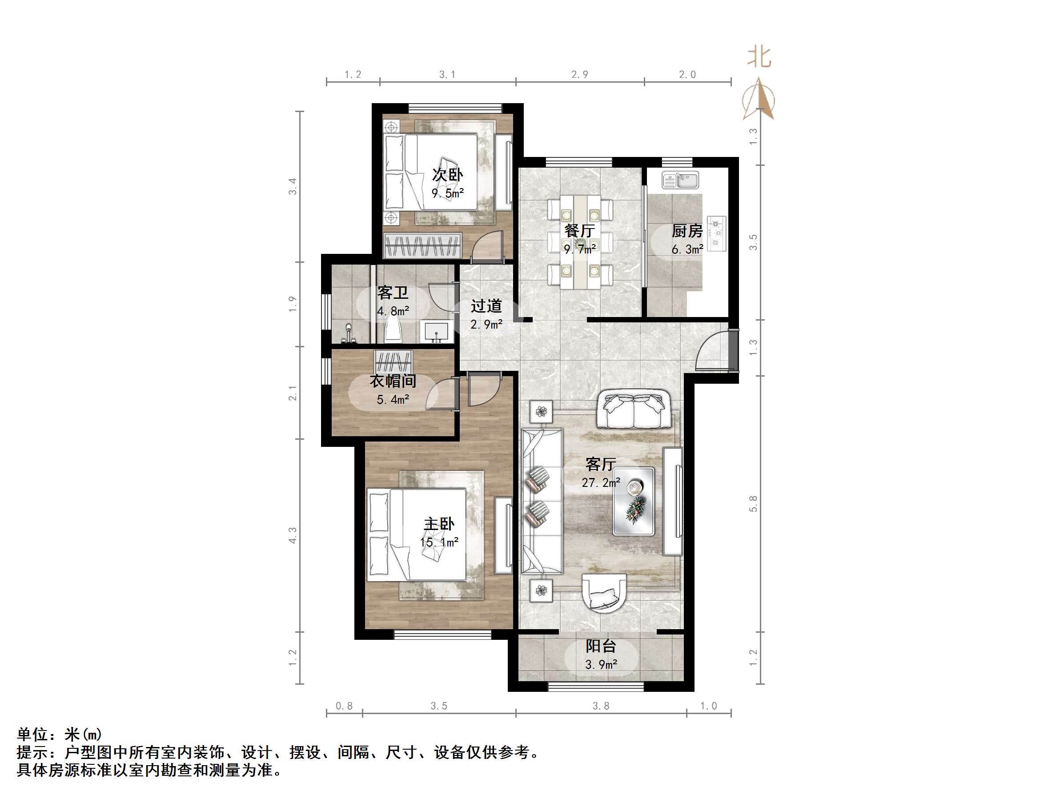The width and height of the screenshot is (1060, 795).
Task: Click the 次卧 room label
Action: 447,175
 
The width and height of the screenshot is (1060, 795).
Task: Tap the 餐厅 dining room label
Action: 579,231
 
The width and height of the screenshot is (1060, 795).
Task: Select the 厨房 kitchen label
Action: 687,231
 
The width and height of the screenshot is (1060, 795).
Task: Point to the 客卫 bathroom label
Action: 393,292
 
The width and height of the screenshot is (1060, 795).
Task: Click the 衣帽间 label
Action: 393,381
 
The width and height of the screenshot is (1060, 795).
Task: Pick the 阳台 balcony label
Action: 600,646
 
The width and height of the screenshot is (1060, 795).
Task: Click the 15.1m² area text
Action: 439,542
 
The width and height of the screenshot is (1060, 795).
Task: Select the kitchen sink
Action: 680,180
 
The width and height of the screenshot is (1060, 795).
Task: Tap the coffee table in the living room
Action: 634,501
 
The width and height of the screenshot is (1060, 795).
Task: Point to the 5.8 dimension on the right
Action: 753,504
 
